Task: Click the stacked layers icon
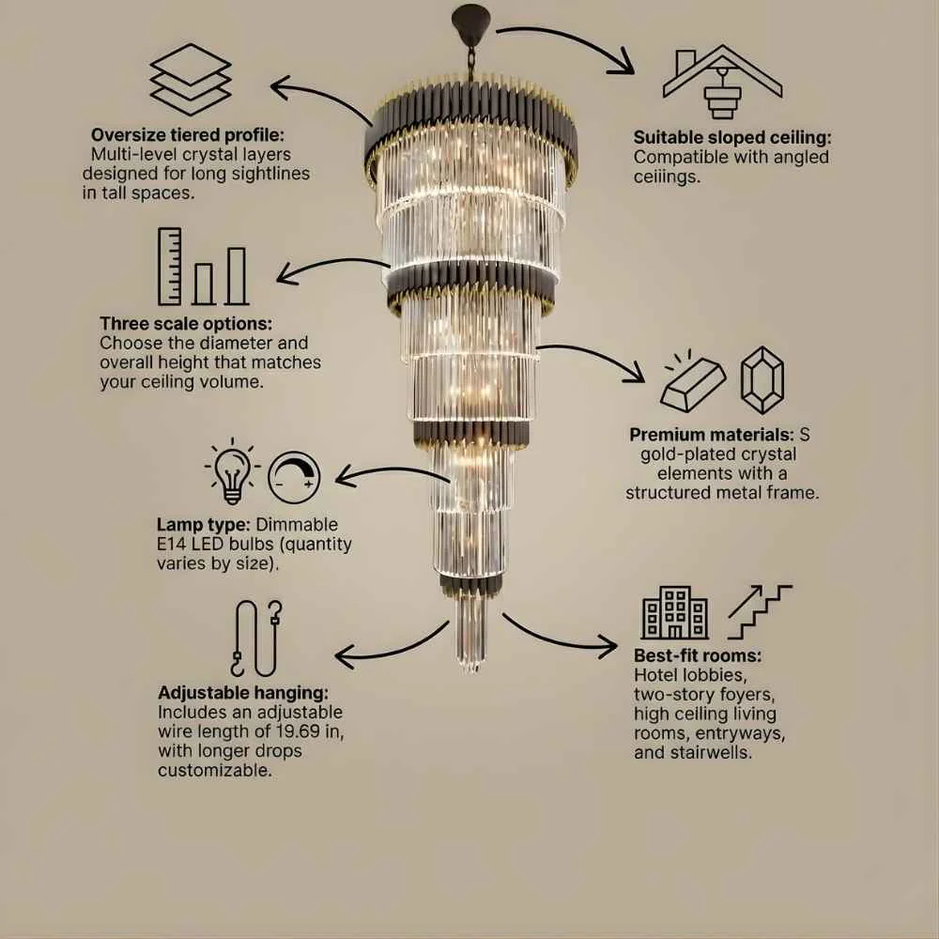(x=191, y=79)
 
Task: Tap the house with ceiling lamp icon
(x=722, y=82)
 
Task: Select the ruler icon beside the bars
(x=169, y=267)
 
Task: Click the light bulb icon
(x=232, y=471)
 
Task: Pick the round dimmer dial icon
(x=293, y=477)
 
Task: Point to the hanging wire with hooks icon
(x=256, y=639)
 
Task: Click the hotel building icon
(x=675, y=612)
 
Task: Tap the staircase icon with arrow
(x=760, y=612)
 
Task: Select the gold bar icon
(x=693, y=381)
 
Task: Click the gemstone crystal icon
(x=762, y=380)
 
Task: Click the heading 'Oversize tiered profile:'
(x=188, y=134)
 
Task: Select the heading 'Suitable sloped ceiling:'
(x=732, y=137)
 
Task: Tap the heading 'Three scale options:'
(x=186, y=323)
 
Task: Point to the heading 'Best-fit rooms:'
(x=698, y=655)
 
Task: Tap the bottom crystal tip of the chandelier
(x=471, y=668)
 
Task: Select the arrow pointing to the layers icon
(x=321, y=98)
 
